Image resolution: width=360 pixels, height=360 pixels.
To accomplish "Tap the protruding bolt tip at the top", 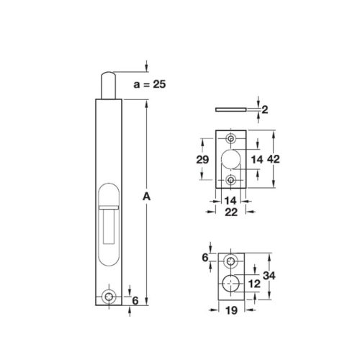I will [x=109, y=84].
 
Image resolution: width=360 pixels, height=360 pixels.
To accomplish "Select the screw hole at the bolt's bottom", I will [x=109, y=296].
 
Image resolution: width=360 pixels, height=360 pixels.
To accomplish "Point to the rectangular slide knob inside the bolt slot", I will [x=109, y=224].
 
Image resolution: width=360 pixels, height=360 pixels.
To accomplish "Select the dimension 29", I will [x=204, y=161].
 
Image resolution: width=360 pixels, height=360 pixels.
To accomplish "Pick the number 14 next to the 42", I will [x=256, y=159].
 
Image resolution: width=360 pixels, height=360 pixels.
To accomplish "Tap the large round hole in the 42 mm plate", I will [x=231, y=159].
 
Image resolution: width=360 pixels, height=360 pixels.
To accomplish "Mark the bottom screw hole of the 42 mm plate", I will [x=231, y=179].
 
